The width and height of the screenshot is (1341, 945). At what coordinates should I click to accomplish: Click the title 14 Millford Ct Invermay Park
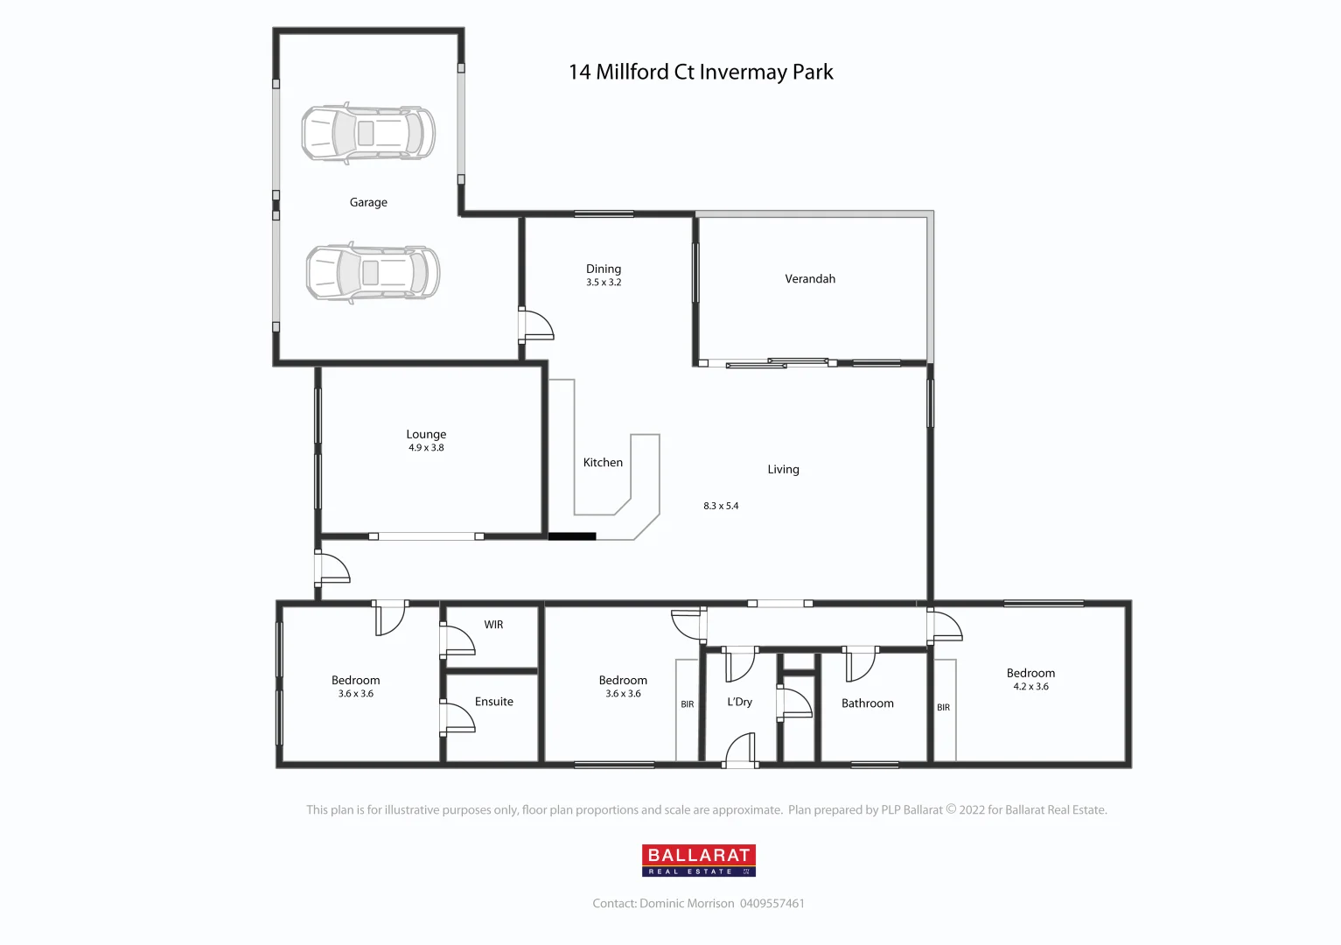701,73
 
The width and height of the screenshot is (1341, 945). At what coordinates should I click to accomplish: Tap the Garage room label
368,202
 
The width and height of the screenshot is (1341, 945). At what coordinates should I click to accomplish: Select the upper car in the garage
368,133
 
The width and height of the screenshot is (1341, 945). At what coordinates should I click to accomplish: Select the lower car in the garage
373,272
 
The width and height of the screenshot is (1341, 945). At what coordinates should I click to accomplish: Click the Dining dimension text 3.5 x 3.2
604,283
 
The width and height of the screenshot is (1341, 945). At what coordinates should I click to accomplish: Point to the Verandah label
810,279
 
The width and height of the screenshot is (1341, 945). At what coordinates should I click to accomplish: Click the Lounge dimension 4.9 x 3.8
426,448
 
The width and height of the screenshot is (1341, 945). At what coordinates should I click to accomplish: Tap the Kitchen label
603,463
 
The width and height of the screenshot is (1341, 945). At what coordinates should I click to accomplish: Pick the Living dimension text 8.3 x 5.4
721,506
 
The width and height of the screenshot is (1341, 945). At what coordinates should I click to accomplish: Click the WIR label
493,625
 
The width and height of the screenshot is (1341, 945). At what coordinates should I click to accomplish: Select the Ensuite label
493,702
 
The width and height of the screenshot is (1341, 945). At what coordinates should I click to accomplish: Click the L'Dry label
739,702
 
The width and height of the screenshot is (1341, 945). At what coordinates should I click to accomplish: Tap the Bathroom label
867,703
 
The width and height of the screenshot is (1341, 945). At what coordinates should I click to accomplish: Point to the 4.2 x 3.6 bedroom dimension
1030,687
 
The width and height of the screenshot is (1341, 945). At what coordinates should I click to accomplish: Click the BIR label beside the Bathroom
943,708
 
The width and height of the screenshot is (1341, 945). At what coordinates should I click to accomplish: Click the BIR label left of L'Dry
687,704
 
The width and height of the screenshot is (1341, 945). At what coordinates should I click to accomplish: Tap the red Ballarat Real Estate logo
698,860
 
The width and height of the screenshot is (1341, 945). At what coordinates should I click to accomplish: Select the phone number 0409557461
772,903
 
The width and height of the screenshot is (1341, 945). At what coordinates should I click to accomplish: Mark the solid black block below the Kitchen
572,536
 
